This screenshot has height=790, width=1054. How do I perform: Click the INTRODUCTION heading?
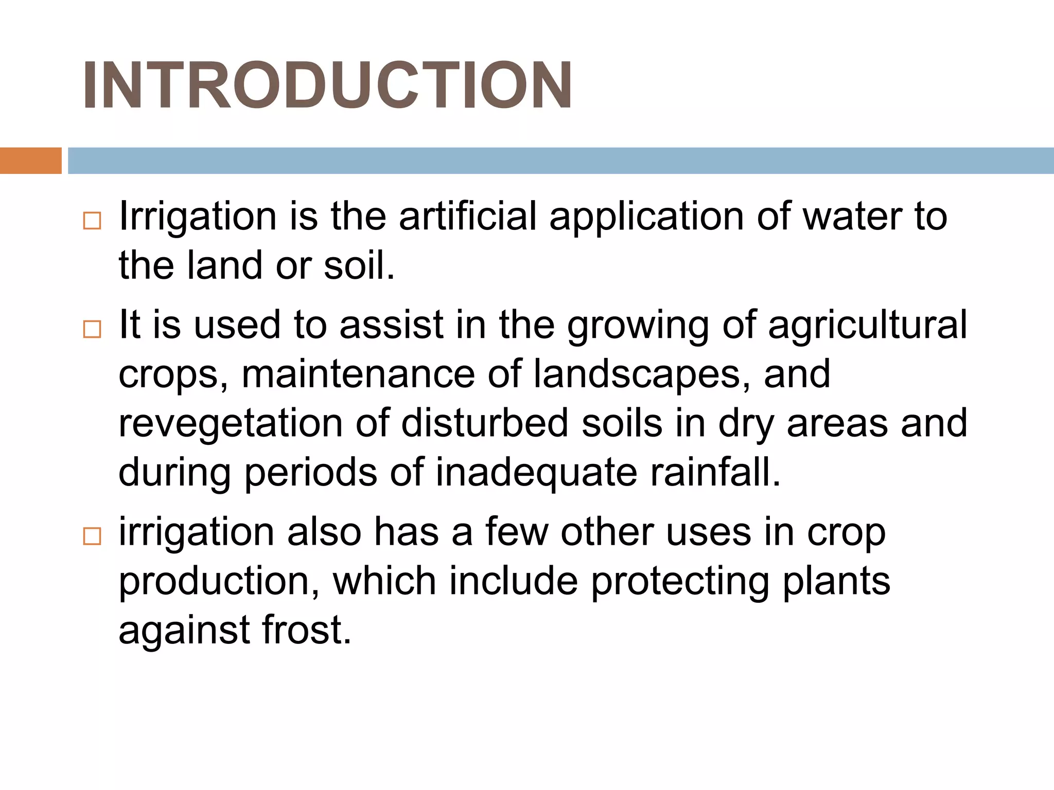(x=327, y=85)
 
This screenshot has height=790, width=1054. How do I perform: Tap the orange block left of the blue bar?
(x=30, y=160)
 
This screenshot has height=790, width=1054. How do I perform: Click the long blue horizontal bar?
(x=560, y=160)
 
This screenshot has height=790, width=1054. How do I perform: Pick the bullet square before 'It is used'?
(x=92, y=329)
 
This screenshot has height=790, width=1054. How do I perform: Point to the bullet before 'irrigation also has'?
(x=92, y=536)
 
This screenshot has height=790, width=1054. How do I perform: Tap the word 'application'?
(x=646, y=217)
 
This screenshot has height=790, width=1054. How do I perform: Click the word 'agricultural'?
(x=868, y=325)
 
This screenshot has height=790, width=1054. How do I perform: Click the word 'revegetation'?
(x=231, y=424)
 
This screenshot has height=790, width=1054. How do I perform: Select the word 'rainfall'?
(x=715, y=472)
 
